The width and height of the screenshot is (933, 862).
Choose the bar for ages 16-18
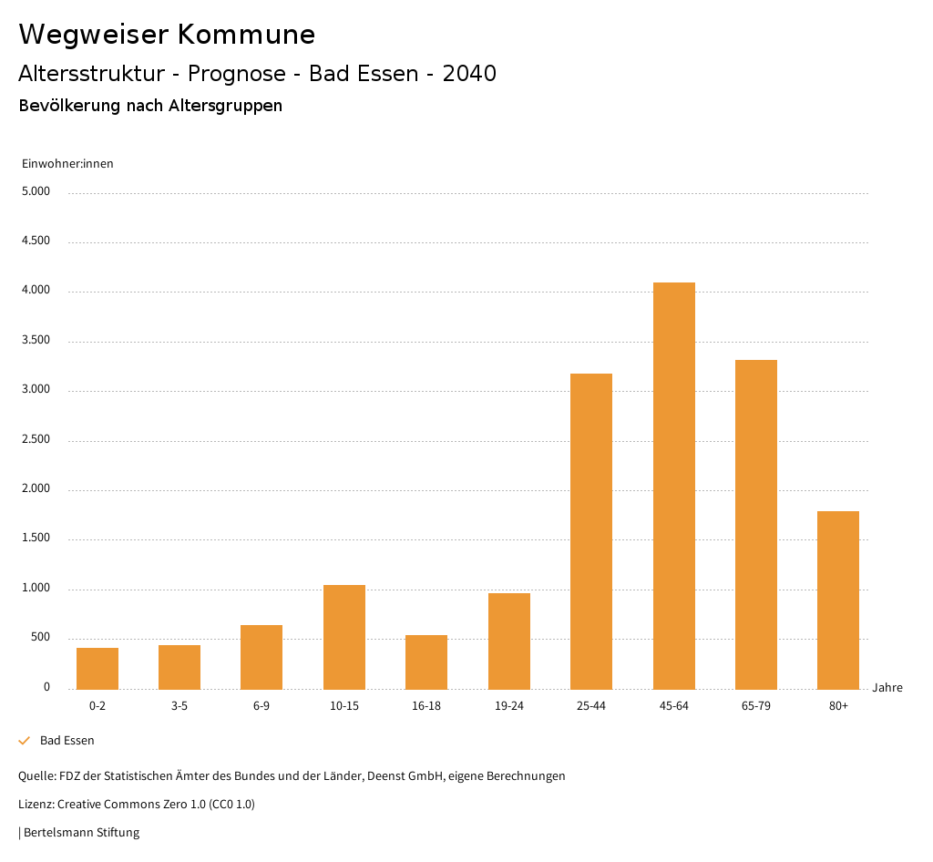pos(426,662)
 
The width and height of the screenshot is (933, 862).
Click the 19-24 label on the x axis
pos(509,706)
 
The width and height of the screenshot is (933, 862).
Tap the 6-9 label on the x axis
pos(261,706)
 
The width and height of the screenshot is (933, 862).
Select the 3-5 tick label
pos(179,706)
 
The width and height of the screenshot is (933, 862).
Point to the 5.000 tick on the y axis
pos(36,192)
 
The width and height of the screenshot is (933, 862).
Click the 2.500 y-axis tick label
pos(36,440)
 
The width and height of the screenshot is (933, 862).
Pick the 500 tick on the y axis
pos(41,638)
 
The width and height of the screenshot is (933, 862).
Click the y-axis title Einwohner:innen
pos(67,164)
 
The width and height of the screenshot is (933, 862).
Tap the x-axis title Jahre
pos(887,688)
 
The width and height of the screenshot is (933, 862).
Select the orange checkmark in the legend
pos(25,741)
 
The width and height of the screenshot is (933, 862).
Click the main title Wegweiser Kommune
pos(167,35)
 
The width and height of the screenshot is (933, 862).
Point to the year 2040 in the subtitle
pos(469,74)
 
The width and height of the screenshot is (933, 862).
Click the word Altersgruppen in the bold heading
pos(225,106)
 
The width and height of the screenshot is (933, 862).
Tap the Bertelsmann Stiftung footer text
pos(80,833)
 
